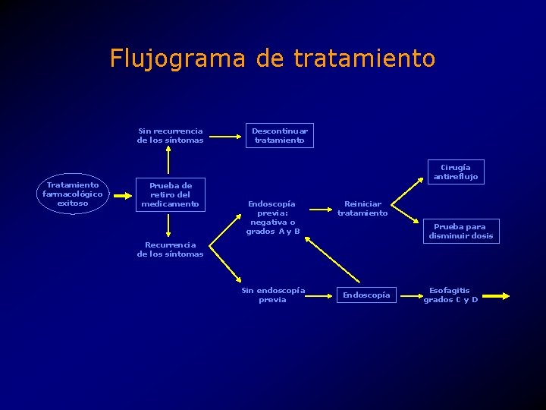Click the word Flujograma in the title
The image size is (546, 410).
point(177,58)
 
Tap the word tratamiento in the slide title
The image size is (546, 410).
point(364,58)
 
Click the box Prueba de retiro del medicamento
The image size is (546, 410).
point(170,194)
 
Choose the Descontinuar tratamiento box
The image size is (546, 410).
point(279,135)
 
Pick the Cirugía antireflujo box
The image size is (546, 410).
point(455,172)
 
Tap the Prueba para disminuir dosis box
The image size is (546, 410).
point(460,231)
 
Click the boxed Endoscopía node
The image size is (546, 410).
point(366,295)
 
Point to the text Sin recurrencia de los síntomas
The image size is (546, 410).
point(170,135)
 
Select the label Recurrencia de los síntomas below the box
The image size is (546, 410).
point(170,249)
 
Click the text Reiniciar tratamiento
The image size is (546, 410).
point(362,208)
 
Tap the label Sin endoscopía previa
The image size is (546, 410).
point(272,295)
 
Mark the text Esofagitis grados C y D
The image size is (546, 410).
point(450,295)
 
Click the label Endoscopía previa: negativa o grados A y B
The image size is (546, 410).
point(272,217)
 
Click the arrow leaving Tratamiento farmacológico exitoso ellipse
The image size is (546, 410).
point(121,194)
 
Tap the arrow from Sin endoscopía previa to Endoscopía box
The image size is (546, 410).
point(322,295)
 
